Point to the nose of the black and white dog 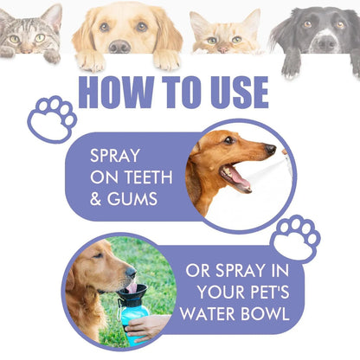324,41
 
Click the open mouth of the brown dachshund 236,177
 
